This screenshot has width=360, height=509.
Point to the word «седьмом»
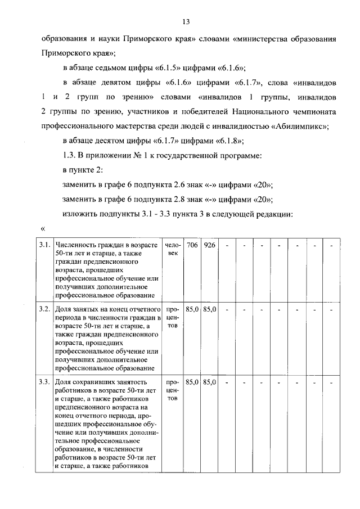tap(115, 69)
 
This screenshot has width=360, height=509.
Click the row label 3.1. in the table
tap(44, 246)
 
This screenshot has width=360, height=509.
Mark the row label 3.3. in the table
tap(44, 382)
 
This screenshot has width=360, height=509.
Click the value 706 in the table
tap(192, 246)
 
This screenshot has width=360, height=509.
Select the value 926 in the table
tap(210, 246)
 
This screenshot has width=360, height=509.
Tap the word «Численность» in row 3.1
tap(75, 246)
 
